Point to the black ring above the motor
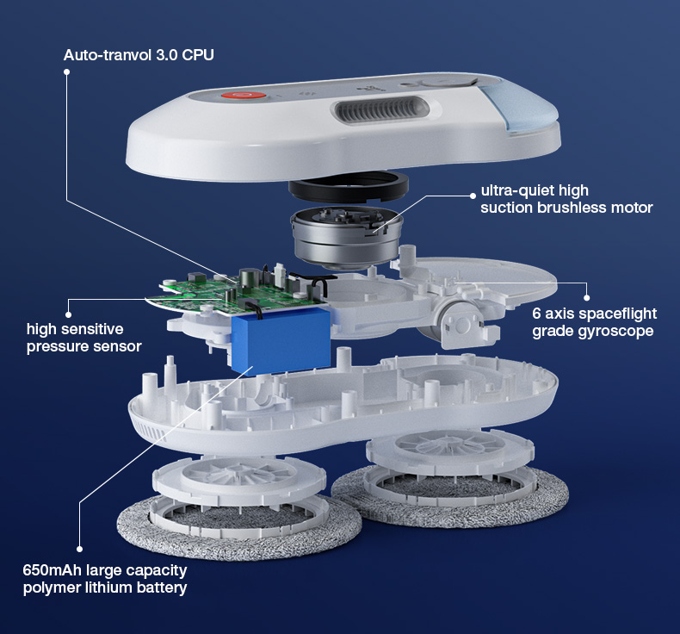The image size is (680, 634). click(349, 188)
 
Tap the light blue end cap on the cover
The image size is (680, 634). click(520, 109)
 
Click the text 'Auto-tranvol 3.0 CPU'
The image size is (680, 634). click(139, 55)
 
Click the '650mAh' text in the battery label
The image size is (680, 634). click(52, 569)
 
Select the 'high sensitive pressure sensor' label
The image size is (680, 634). click(84, 338)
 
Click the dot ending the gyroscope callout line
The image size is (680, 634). click(587, 298)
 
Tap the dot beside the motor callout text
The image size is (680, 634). click(473, 196)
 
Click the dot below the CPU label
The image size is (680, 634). click(67, 72)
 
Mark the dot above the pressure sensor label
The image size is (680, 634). click(68, 314)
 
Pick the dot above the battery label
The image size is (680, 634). click(79, 549)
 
